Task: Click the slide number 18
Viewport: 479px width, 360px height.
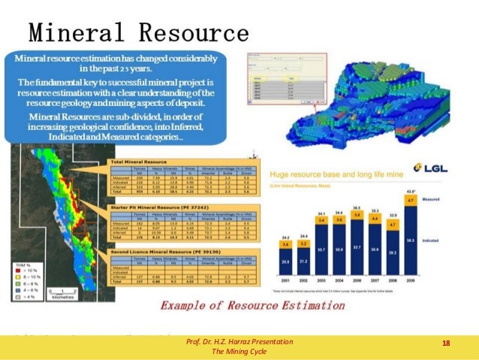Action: (446, 343)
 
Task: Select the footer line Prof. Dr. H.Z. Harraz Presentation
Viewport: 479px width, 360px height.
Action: (239, 341)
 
